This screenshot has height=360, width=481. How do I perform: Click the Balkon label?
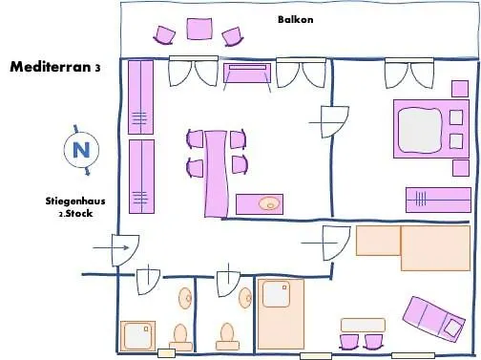295,18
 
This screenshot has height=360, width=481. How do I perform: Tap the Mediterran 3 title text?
54,68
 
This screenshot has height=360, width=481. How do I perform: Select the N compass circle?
81,149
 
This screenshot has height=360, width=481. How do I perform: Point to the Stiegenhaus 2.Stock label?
73,207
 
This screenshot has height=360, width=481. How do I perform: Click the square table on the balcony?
199,30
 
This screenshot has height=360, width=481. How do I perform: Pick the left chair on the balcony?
165,35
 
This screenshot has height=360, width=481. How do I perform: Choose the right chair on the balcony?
232,36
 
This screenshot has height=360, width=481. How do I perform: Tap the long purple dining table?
216,173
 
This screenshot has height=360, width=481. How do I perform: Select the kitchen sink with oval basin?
259,202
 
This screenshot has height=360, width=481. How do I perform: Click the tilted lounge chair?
432,318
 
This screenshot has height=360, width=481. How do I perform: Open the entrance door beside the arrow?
125,250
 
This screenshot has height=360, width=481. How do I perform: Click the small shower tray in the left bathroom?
137,335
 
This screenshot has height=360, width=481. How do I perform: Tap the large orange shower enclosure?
281,313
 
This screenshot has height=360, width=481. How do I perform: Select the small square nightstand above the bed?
459,89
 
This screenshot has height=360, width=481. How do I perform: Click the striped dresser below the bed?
438,200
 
